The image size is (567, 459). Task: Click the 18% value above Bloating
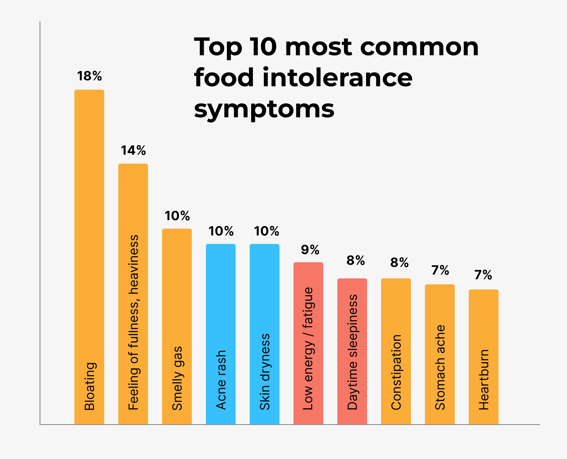click(x=89, y=76)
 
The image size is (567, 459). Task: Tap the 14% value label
click(x=133, y=150)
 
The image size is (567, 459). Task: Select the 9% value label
click(x=310, y=250)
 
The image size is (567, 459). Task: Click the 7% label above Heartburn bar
click(x=483, y=275)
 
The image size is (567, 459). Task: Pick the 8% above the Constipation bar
click(x=399, y=263)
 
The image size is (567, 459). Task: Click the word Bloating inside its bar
click(x=90, y=386)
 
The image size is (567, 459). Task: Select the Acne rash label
click(x=221, y=380)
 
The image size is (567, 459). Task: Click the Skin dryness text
click(x=265, y=371)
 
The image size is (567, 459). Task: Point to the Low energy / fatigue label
click(x=308, y=348)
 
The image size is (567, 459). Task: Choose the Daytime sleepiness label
click(x=352, y=352)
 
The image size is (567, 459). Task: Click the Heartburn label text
click(x=484, y=380)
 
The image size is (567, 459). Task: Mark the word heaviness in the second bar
click(x=134, y=264)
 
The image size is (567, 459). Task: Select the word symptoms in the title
click(x=264, y=109)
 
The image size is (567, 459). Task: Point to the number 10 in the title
click(x=264, y=47)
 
